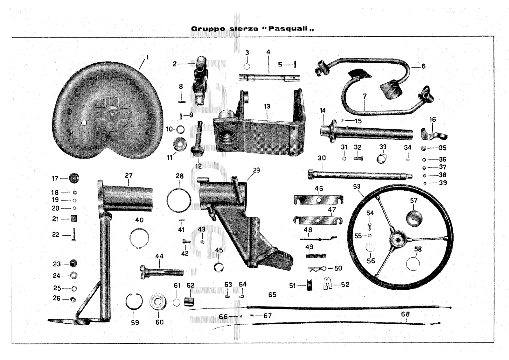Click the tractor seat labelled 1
(x=108, y=111)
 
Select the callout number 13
(x=267, y=106)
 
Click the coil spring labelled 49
(x=316, y=255)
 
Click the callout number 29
(x=256, y=170)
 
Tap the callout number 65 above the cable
(x=272, y=295)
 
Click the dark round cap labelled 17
(x=74, y=178)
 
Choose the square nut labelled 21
(x=74, y=218)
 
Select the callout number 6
(x=423, y=66)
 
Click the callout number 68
(x=405, y=314)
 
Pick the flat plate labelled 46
(x=318, y=200)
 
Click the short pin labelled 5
(x=295, y=65)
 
